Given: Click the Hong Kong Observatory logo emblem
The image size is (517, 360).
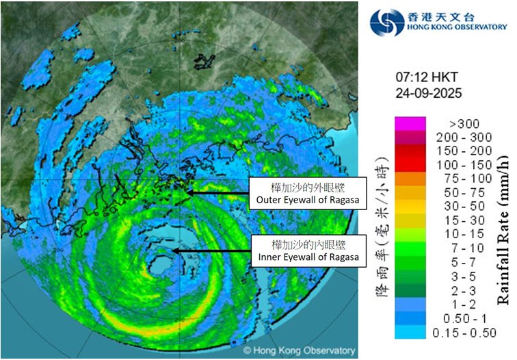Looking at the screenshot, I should point(387,22).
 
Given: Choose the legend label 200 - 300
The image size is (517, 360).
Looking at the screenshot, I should point(458,138).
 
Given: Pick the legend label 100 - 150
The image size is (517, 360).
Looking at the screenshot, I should point(458,165).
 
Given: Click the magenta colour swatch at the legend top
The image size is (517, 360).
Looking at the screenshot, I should point(410,124).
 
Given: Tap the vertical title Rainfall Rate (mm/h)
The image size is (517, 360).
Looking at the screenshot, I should point(503,230).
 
